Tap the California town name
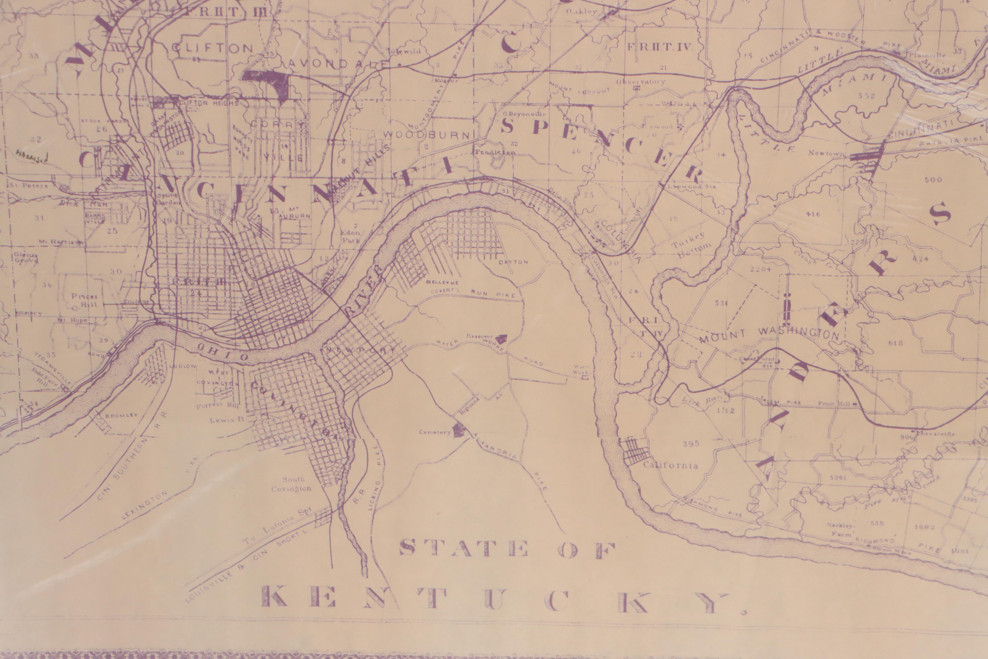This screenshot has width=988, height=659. coord(670,465)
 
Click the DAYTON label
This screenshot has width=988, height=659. coord(513,262)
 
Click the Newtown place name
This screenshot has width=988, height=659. coord(825,154)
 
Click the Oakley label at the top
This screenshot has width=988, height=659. coord(581,12)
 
